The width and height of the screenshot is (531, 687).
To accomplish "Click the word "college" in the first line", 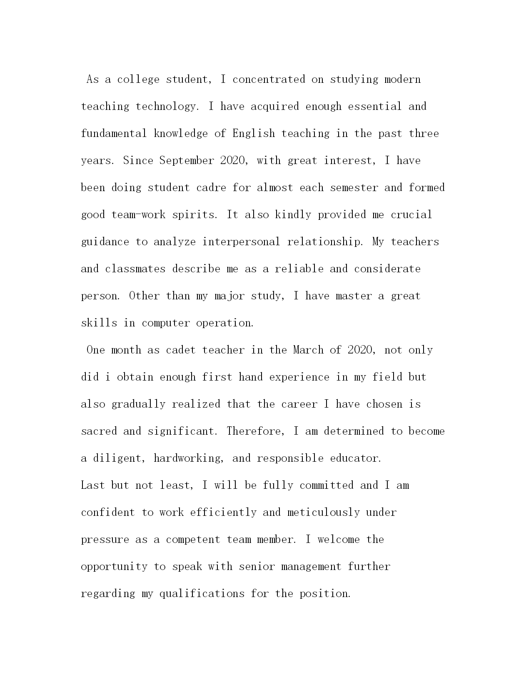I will coord(138,80).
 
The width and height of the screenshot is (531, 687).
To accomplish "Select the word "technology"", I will coord(165,107).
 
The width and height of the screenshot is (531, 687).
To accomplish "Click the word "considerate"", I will coord(387,269).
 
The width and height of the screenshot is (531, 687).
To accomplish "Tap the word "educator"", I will coord(355,458).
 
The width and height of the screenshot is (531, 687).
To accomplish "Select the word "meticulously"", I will coord(323,513).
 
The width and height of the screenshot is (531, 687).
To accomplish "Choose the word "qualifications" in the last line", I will coord(202,594).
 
